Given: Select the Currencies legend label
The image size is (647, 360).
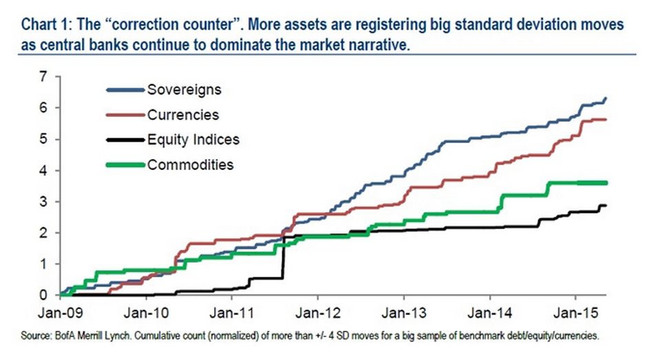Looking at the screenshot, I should tap(182, 114).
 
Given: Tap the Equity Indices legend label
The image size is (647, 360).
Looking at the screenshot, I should tap(193, 139).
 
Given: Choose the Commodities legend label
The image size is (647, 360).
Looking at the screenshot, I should tap(190, 165).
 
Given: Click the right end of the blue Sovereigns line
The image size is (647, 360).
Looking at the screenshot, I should tap(606, 99).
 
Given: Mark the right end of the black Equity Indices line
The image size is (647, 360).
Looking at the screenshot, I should tap(606, 205).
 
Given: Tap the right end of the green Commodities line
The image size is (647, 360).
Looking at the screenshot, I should tap(606, 182).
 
